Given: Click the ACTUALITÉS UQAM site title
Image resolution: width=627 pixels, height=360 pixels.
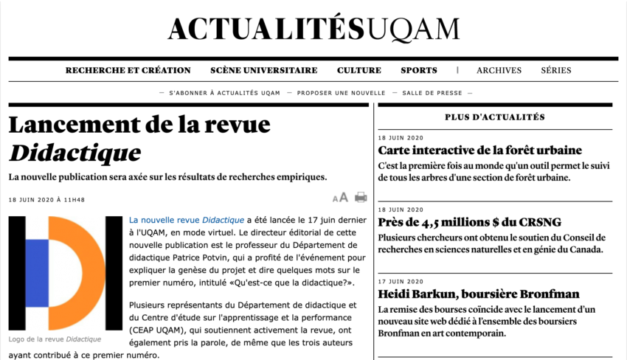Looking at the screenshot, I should point(313,29).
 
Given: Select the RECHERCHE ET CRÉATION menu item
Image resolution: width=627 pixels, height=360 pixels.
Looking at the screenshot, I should point(128,71).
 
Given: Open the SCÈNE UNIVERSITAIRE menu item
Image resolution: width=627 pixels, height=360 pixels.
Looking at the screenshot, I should point(263,71).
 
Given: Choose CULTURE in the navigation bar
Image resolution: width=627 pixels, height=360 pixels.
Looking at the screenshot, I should point(359,71).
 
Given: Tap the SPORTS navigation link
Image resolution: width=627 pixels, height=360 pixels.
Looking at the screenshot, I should point(419,71).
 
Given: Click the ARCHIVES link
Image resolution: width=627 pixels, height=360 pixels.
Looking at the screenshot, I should point(499,71).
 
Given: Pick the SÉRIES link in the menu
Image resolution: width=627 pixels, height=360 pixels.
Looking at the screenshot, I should point(556,71).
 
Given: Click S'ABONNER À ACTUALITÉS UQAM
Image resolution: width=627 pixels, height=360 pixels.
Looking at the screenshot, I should point(224,93).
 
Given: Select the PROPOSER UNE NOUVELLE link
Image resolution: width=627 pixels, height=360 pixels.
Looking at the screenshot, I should point(342,93).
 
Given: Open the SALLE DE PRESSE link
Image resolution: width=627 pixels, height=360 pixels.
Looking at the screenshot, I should point(432,93).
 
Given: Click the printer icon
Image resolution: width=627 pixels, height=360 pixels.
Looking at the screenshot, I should point(361,197).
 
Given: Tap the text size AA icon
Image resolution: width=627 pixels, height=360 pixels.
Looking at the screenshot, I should point(340,198).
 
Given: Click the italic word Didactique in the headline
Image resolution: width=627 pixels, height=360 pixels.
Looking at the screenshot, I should point(75,153).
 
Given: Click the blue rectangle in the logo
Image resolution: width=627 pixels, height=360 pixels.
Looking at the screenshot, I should point(37,273).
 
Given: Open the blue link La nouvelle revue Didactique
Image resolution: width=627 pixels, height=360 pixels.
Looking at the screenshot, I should point(187,220).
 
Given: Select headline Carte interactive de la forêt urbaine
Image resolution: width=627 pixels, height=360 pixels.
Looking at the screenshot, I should point(480,150).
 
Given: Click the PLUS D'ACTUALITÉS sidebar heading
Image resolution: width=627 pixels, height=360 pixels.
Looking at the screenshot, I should point(494,117).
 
